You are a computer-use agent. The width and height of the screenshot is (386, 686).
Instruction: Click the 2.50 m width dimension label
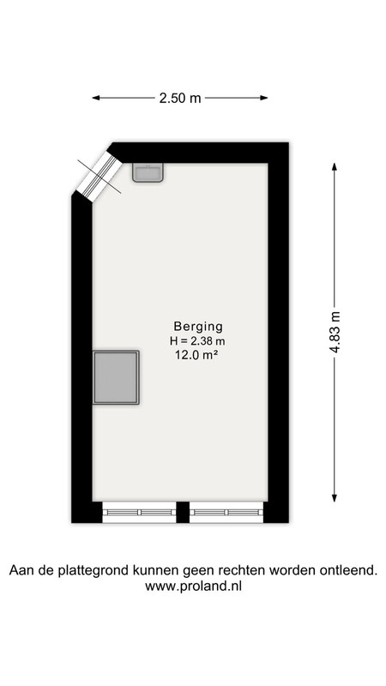point(180,98)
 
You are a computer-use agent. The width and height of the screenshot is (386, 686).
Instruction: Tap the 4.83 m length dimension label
point(335,332)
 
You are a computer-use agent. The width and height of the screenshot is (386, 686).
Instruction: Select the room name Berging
point(198,327)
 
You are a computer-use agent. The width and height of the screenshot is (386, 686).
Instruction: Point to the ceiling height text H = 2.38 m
point(197,340)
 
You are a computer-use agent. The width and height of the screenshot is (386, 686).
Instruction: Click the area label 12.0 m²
point(196,355)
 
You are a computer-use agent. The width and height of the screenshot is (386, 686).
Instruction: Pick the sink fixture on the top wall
point(148,172)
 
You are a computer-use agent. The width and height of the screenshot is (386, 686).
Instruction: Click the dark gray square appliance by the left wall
point(116,377)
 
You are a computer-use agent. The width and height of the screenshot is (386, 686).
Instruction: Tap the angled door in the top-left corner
point(100,177)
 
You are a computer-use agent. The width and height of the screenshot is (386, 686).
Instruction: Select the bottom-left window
point(139,512)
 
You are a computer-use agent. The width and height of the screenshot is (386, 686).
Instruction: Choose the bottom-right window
point(226,512)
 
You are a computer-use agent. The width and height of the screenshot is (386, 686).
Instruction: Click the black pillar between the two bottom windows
point(183,512)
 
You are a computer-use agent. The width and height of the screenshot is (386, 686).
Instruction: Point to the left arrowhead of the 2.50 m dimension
point(96,98)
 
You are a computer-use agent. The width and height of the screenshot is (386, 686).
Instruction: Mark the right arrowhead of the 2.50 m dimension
point(264,98)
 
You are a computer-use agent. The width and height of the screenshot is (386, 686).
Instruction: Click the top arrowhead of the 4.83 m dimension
point(335,167)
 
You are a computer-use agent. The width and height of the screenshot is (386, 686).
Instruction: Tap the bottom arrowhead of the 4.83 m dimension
point(335,497)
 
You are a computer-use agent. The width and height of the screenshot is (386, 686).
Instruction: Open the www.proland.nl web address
point(193,587)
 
